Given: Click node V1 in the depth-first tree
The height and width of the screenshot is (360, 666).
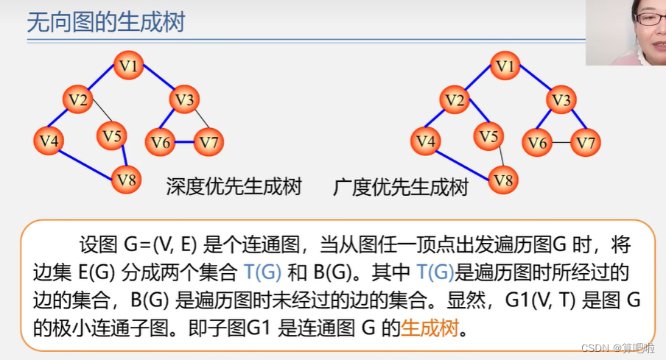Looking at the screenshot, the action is [x=130, y=66].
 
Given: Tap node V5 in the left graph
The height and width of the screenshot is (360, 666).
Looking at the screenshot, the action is [x=111, y=135].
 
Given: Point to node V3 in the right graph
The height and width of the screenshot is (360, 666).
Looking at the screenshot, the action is [x=561, y=99].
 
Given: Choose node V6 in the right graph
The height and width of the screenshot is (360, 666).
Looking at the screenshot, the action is [x=538, y=142].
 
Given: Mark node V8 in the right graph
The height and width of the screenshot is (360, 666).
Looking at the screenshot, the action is [x=504, y=179].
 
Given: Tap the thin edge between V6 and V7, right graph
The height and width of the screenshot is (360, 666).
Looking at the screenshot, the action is [x=561, y=142].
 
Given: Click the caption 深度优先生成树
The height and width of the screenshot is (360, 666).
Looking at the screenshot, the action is [x=234, y=186].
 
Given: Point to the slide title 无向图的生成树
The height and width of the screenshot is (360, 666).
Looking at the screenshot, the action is [x=106, y=22].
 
